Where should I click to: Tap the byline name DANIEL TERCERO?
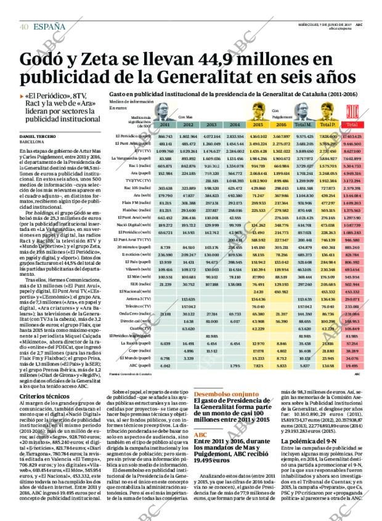click(x=39, y=135)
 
